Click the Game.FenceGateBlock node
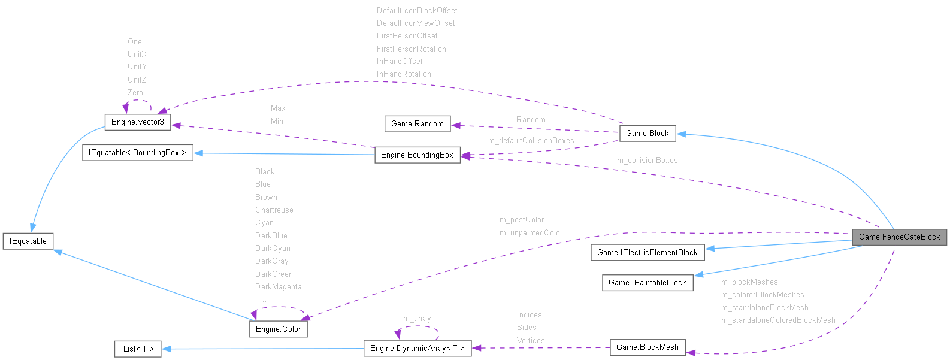click(x=899, y=237)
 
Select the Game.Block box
click(x=647, y=134)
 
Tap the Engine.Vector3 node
click(x=137, y=122)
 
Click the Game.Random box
click(x=417, y=124)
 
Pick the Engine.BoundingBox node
click(x=417, y=155)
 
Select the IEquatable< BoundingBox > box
click(x=137, y=153)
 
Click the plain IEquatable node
click(x=28, y=241)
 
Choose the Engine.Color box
click(x=278, y=329)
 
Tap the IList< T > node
click(x=137, y=349)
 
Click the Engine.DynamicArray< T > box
click(x=417, y=349)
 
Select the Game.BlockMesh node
click(x=647, y=347)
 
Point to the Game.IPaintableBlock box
click(x=647, y=283)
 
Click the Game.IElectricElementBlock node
click(x=647, y=253)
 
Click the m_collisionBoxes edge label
click(x=647, y=161)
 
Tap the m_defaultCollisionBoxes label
click(x=531, y=141)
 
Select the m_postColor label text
click(x=521, y=220)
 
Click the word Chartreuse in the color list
click(x=274, y=210)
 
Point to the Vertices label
click(x=531, y=341)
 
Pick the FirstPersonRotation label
click(x=411, y=49)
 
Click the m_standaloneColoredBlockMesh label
click(x=777, y=320)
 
